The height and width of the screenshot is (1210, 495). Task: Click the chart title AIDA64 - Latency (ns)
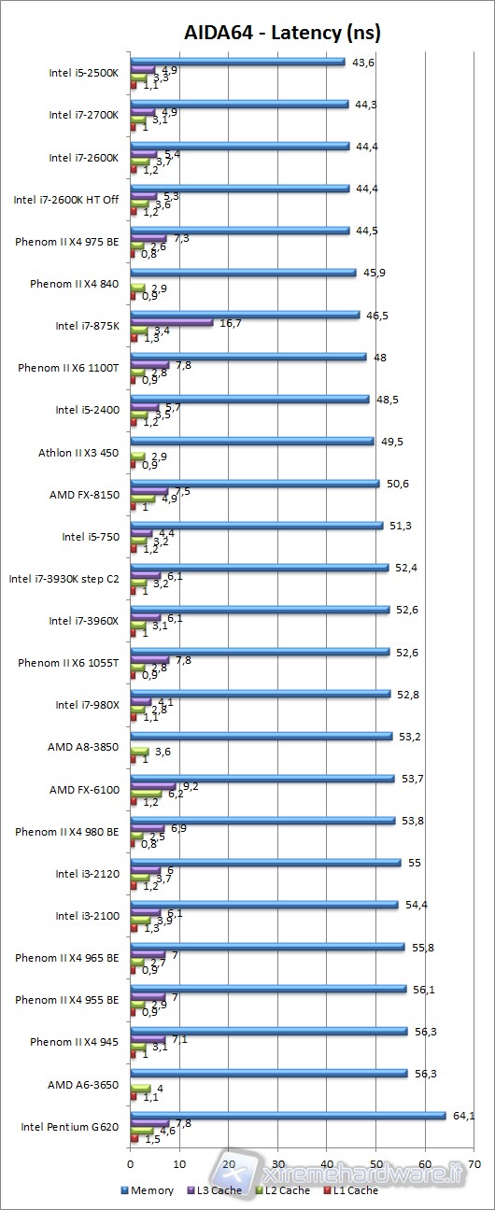281,34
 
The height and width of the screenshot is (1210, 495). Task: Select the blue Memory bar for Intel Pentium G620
289,1114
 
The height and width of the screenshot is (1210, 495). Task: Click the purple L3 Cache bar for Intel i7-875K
172,322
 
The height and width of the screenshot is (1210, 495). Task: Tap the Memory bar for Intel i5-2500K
238,62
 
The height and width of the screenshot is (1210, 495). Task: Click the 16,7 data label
230,323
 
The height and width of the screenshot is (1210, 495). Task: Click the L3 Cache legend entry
217,1189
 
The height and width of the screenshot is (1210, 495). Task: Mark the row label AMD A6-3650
83,1085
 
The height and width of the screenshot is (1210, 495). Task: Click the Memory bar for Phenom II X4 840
244,273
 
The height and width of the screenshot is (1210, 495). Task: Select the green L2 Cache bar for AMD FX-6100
146,794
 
